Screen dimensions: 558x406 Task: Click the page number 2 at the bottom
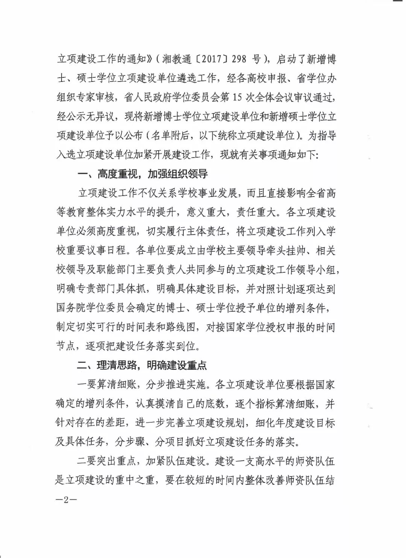point(66,500)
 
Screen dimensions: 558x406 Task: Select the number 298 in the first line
point(239,59)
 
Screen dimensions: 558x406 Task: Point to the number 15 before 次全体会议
point(237,97)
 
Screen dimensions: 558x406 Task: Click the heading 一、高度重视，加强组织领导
point(142,174)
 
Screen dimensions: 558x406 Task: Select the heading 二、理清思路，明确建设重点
point(142,365)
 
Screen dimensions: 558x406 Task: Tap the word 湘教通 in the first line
point(177,59)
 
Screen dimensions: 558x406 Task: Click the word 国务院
point(71,308)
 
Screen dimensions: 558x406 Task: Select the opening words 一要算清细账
point(106,384)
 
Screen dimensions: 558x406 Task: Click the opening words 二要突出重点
point(106,461)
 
